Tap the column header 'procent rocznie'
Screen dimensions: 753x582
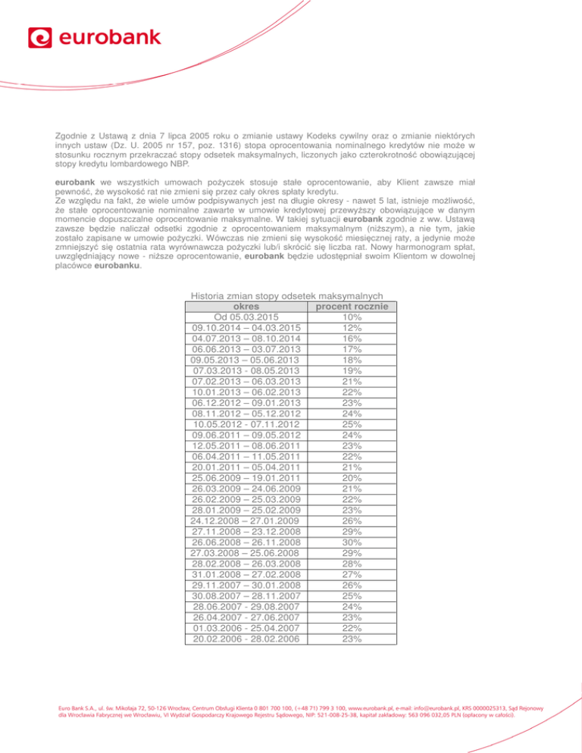tap(352, 306)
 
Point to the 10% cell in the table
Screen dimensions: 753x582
tap(352, 317)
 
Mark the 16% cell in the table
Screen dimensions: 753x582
tap(352, 338)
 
